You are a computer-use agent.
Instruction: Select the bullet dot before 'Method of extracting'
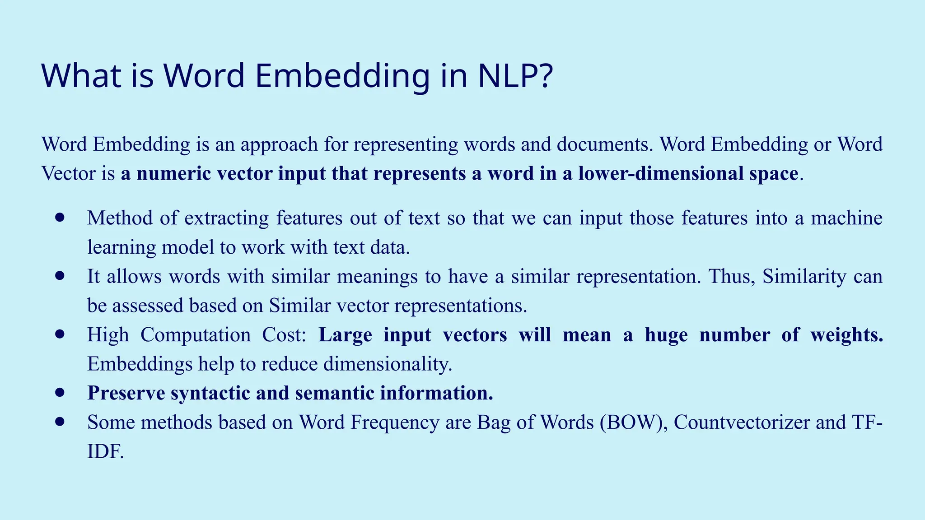coord(60,218)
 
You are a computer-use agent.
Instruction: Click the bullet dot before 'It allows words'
coord(60,276)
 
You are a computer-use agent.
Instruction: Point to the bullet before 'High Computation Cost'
coord(60,334)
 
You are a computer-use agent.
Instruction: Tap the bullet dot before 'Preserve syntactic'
coord(60,393)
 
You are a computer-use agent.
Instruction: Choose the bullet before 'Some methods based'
coord(60,422)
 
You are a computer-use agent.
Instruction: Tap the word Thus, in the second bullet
coord(732,276)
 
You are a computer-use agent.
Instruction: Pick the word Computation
coord(196,335)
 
